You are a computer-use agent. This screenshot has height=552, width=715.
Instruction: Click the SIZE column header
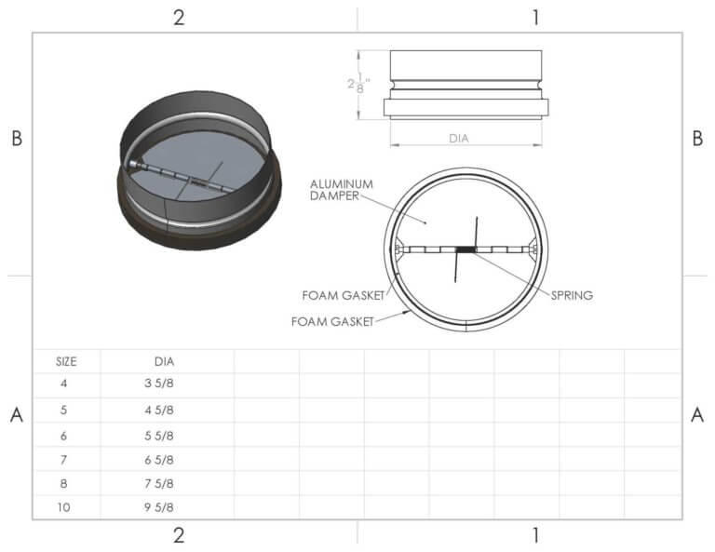click(x=65, y=361)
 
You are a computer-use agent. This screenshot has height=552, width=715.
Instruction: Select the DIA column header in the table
click(x=164, y=361)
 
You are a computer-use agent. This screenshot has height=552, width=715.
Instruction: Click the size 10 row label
click(x=64, y=507)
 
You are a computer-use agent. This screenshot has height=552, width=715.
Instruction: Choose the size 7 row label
click(x=64, y=459)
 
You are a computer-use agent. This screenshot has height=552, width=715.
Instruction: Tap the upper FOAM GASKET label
click(x=338, y=296)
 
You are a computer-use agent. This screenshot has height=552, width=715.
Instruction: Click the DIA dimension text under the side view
click(x=459, y=139)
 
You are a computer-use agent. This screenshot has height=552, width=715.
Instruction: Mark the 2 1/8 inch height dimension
click(x=357, y=84)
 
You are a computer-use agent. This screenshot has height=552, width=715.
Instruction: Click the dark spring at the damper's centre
click(x=465, y=249)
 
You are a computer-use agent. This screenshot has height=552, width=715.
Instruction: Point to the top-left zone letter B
click(x=16, y=138)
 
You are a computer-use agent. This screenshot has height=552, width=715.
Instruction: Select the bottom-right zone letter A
click(x=697, y=416)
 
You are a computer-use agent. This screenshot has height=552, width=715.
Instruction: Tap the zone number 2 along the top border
click(x=178, y=18)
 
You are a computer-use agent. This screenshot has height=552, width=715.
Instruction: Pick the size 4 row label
click(x=64, y=384)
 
